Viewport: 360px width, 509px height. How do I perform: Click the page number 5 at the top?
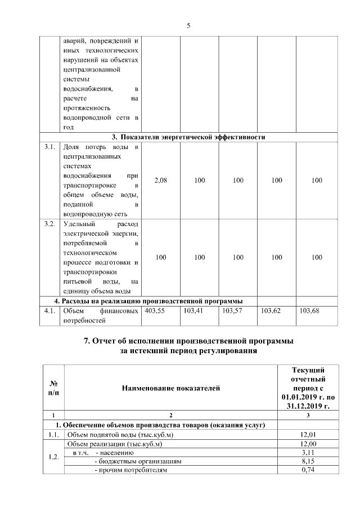click(188, 25)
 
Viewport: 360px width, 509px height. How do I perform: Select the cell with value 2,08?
click(160, 181)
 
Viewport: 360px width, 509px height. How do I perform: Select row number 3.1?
click(49, 147)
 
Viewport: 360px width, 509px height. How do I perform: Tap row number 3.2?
click(49, 224)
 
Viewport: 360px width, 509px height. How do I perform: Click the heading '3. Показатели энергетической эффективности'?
click(188, 137)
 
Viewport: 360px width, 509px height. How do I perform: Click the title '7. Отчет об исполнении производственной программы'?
click(188, 341)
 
